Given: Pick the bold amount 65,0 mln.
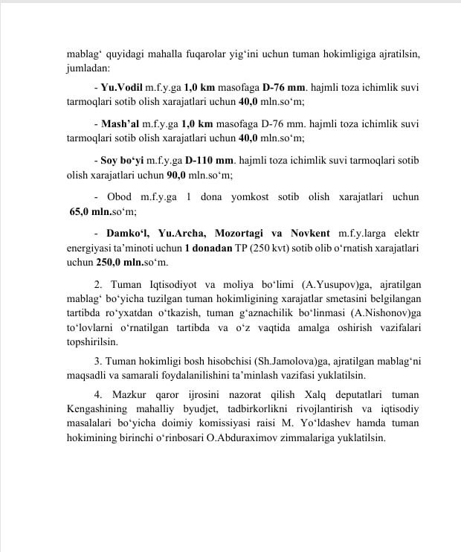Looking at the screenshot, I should [91, 212].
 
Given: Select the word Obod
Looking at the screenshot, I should [119, 196].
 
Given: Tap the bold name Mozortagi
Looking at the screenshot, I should [239, 232].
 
